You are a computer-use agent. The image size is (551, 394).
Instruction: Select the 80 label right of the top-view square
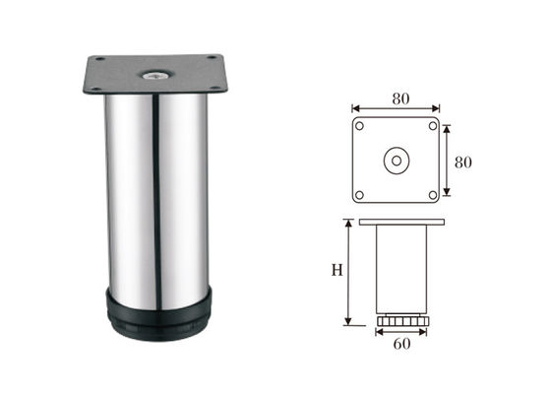(462, 161)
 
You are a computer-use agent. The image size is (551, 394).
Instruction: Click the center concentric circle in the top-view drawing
(396, 161)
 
